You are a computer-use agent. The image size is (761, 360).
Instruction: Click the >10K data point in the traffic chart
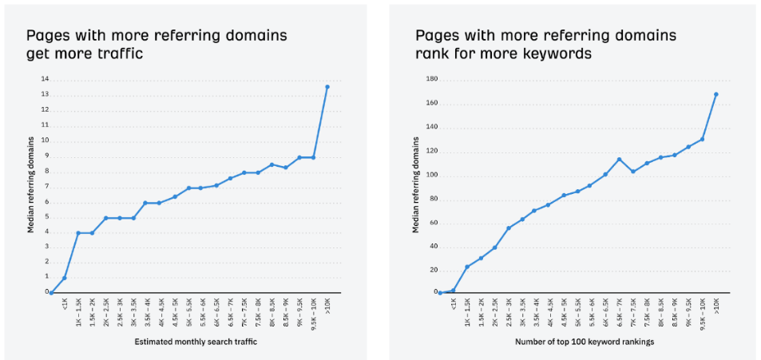pos(327,86)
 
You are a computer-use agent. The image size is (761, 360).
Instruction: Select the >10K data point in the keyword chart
pos(716,94)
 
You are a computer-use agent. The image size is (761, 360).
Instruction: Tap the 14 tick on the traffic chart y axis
pos(45,79)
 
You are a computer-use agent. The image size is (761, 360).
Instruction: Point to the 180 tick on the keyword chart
pos(431,79)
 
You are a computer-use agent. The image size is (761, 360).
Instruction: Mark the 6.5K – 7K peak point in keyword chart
pos(619,160)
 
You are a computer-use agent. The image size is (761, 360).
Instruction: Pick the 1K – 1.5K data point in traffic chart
pos(78,233)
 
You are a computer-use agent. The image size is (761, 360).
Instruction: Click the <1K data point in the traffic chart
pos(65,278)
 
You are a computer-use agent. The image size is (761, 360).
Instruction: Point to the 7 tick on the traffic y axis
pos(46,186)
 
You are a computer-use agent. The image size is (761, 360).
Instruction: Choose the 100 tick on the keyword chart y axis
pos(431,175)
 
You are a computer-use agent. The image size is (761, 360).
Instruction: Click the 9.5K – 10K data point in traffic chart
pos(313,157)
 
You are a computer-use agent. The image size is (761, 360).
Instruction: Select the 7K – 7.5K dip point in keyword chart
pos(633,171)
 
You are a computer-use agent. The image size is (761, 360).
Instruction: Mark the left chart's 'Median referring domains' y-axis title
pos(31,184)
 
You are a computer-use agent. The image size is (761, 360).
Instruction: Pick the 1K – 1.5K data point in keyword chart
pos(467,267)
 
